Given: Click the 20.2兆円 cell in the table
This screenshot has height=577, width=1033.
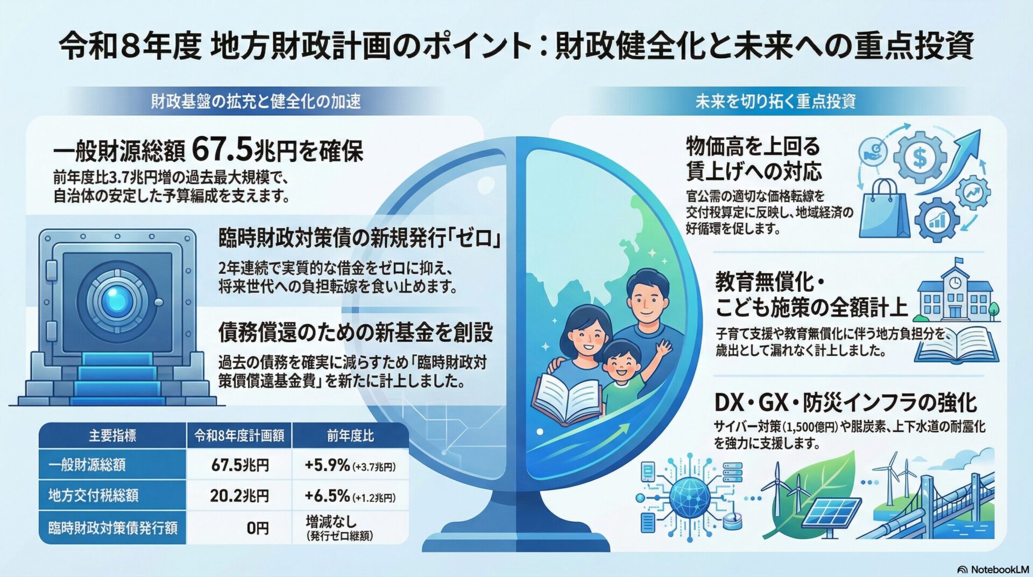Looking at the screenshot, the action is tap(239, 496).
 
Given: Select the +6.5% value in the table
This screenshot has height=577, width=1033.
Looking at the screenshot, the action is tap(327, 496).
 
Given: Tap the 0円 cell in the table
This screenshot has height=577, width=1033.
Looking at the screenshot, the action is tap(258, 528).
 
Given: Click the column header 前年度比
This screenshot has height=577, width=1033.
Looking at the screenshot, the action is tap(350, 436).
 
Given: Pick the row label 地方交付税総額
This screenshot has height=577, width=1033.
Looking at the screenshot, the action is tap(94, 496).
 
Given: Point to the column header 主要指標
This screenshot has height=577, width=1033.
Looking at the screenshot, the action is tap(112, 436).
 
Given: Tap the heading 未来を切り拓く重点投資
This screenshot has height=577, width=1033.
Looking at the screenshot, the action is tap(775, 101).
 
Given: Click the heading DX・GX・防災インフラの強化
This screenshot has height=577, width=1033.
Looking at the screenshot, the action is tap(845, 402).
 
